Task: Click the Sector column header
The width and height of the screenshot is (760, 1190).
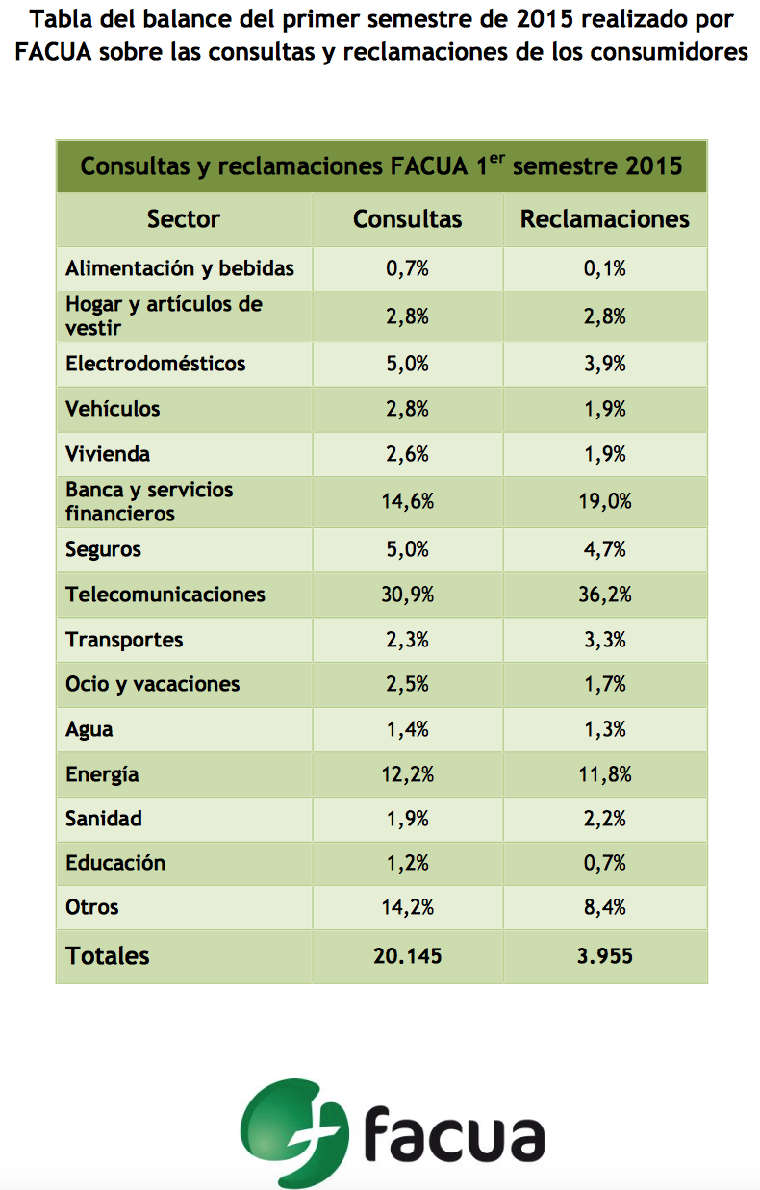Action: pyautogui.click(x=183, y=219)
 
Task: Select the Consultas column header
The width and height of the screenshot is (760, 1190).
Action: pyautogui.click(x=407, y=219)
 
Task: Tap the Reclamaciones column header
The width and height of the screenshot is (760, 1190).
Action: pyautogui.click(x=604, y=219)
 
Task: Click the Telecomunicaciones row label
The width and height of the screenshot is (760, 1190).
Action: pyautogui.click(x=165, y=594)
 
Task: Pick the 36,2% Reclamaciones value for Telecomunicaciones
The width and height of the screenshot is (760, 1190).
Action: pyautogui.click(x=605, y=595)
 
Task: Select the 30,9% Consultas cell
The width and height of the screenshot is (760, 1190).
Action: pyautogui.click(x=407, y=595)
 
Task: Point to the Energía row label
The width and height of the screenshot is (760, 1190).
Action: pyautogui.click(x=102, y=774)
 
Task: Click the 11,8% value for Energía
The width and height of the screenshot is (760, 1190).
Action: pyautogui.click(x=605, y=774)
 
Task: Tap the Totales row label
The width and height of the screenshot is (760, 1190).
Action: pyautogui.click(x=108, y=955)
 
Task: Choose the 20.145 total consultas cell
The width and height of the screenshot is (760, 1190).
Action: pyautogui.click(x=407, y=955)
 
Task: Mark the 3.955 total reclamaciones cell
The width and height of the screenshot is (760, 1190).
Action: pyautogui.click(x=605, y=955)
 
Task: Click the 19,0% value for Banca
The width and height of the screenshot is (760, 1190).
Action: pyautogui.click(x=605, y=501)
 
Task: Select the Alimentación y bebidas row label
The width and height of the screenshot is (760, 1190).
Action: pyautogui.click(x=180, y=268)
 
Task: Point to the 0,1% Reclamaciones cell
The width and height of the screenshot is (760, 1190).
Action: pyautogui.click(x=605, y=268)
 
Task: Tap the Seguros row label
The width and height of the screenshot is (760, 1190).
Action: pyautogui.click(x=103, y=549)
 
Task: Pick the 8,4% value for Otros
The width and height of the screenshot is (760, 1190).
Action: pyautogui.click(x=605, y=907)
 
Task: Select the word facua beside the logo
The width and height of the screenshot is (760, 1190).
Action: pyautogui.click(x=455, y=1133)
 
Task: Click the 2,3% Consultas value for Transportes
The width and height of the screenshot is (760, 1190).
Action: pyautogui.click(x=407, y=640)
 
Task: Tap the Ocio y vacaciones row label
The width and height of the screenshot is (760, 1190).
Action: pyautogui.click(x=152, y=684)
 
